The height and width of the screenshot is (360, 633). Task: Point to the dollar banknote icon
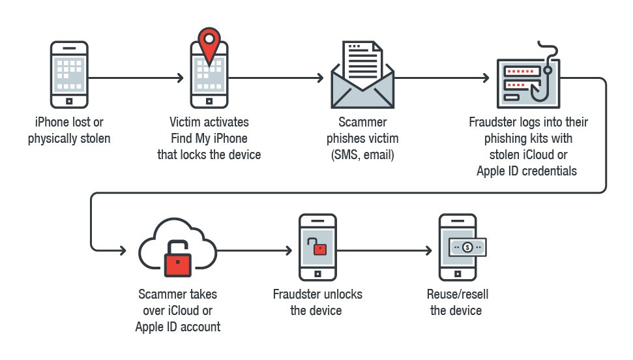[467, 247]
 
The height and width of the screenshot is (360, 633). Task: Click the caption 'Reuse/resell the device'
[456, 303]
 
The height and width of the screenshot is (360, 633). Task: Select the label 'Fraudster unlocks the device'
[317, 303]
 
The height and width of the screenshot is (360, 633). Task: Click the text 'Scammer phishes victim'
[362, 130]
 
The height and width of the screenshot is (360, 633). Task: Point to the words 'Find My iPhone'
[209, 138]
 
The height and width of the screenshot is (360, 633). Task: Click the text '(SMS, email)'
[362, 155]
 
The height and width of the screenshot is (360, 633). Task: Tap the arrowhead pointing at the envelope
[320, 78]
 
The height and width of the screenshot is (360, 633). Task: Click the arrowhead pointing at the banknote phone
[428, 250]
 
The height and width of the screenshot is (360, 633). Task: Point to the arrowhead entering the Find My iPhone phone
[181, 78]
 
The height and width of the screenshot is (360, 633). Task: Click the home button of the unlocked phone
[317, 275]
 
